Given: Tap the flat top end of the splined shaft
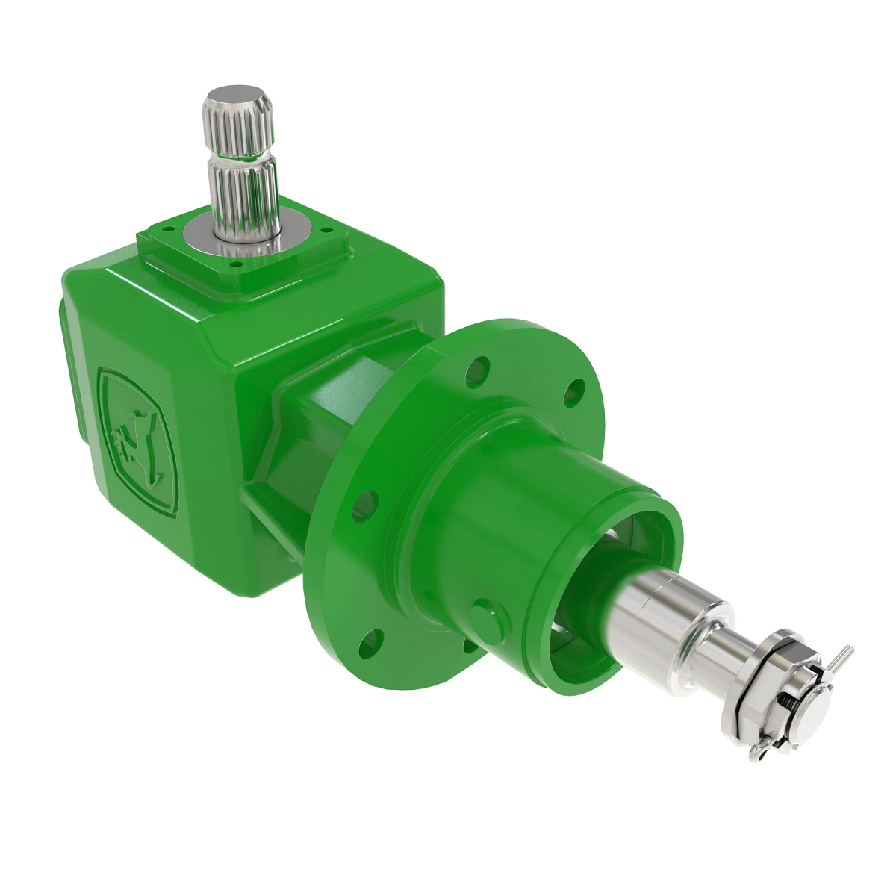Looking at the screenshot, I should point(234,96).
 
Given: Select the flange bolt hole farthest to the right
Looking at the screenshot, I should point(573,392).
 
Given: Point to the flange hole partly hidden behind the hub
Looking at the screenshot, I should point(469,644).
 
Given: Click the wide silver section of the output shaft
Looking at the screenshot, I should point(657,616).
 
